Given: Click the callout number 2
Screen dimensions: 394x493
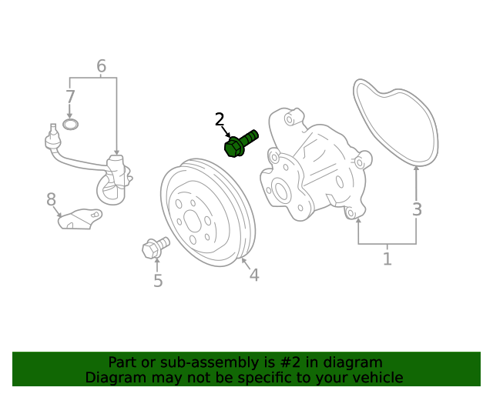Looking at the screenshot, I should click(x=220, y=119).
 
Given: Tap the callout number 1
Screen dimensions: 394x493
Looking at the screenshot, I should click(x=387, y=259).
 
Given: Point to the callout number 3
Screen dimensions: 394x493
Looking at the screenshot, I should click(x=417, y=209).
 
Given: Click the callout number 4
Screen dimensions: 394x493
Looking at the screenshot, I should click(x=253, y=275).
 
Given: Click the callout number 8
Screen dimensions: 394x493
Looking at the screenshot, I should click(x=52, y=200).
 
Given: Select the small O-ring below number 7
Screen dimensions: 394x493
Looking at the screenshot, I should click(x=70, y=124).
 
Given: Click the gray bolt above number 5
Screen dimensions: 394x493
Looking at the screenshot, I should click(x=155, y=248).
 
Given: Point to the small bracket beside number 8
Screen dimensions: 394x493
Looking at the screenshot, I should click(x=79, y=219).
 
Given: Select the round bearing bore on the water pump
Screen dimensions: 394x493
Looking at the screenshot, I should click(x=280, y=192).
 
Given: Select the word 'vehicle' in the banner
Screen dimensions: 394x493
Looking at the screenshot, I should click(x=377, y=378).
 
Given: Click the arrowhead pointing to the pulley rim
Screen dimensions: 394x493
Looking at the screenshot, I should click(x=243, y=261).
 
